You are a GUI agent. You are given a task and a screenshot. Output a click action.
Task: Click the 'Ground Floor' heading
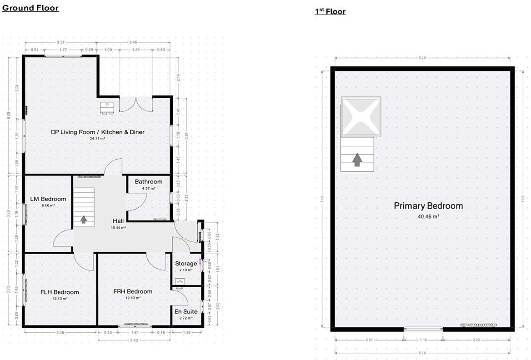[30, 8]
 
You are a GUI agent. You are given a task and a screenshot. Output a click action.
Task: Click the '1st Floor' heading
[330, 11]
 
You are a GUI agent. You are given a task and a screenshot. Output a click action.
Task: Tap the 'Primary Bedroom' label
[428, 206]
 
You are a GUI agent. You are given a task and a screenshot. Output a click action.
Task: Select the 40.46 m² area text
[428, 217]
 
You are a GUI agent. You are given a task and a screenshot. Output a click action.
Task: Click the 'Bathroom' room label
[148, 182]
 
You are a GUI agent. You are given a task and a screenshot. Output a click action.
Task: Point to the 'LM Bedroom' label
[48, 199]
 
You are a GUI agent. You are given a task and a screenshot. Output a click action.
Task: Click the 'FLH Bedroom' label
[60, 292]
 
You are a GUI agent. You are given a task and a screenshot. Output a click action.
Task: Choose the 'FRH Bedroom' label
[133, 291]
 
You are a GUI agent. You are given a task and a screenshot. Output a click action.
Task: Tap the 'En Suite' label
[186, 311]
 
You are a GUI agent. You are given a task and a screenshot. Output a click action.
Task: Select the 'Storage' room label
[186, 264]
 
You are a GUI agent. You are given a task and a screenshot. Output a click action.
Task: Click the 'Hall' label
[118, 221]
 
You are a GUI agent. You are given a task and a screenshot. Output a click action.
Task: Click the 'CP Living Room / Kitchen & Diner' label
[97, 132]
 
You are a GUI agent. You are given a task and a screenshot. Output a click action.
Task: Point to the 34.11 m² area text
[97, 139]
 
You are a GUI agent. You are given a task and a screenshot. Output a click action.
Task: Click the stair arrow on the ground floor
[84, 220]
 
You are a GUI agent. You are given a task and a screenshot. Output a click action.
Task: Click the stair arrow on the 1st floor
[357, 159]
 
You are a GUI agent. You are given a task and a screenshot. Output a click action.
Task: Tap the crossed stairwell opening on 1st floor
[361, 117]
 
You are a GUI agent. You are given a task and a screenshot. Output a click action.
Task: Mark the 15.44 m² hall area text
[118, 227]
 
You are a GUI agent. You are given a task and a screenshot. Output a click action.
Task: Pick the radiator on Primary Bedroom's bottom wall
[478, 325]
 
